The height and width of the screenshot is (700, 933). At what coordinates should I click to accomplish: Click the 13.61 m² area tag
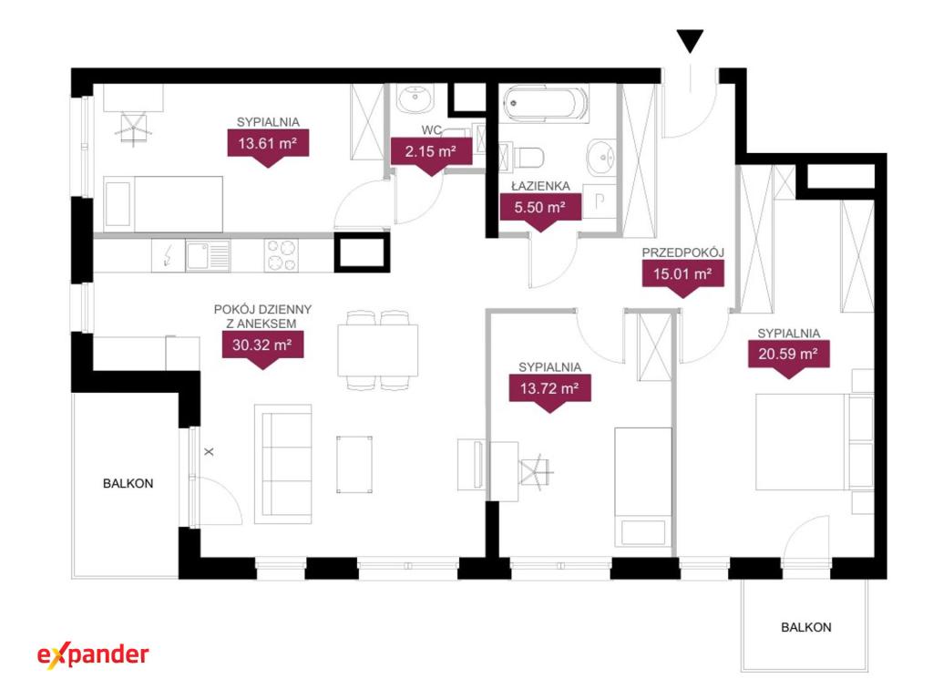click(x=268, y=146)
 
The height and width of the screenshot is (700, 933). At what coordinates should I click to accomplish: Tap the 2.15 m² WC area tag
click(x=431, y=154)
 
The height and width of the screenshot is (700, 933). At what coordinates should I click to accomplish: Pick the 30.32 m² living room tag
click(x=262, y=347)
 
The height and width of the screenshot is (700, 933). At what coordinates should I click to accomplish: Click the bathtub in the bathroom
click(x=543, y=103)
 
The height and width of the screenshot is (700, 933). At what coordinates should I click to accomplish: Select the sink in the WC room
click(x=415, y=98)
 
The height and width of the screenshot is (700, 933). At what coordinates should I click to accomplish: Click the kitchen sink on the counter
click(x=208, y=255)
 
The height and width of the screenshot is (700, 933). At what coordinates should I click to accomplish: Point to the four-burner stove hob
click(x=282, y=255)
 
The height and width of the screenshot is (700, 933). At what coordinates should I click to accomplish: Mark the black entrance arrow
click(x=691, y=40)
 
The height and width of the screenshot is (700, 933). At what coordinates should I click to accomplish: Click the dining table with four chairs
click(x=378, y=350)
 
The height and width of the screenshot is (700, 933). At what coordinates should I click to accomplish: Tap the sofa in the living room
click(x=283, y=464)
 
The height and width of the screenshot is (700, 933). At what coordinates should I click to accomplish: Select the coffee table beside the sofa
click(x=354, y=464)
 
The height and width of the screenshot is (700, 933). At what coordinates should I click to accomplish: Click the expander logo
click(x=94, y=654)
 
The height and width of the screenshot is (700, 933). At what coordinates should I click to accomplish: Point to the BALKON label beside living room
click(x=128, y=483)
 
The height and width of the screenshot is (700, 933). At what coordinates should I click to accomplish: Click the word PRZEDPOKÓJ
click(x=683, y=252)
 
